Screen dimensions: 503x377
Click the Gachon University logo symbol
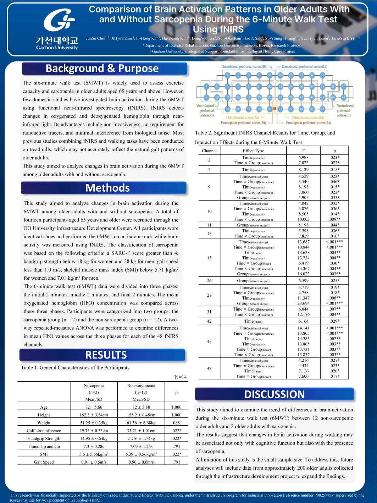pyautogui.click(x=59, y=21)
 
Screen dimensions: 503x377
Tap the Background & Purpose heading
pyautogui.click(x=102, y=68)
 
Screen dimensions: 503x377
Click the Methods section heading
pyautogui.click(x=107, y=188)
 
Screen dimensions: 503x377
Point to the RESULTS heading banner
pyautogui.click(x=106, y=355)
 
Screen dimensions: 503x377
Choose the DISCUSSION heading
pyautogui.click(x=275, y=394)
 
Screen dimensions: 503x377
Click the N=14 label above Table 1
pyautogui.click(x=181, y=377)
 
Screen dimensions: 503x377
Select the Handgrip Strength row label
pyautogui.click(x=44, y=438)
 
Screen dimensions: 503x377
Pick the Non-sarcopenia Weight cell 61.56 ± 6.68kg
pyautogui.click(x=141, y=423)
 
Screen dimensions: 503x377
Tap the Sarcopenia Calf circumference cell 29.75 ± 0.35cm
pyautogui.click(x=94, y=431)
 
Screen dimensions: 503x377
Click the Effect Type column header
pyautogui.click(x=253, y=151)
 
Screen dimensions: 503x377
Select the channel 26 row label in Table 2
pyautogui.click(x=209, y=280)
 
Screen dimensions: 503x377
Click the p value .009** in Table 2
pyautogui.click(x=334, y=219)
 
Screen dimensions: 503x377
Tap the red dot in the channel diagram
pyautogui.click(x=275, y=109)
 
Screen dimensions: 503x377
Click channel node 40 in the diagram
pyautogui.click(x=343, y=86)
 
